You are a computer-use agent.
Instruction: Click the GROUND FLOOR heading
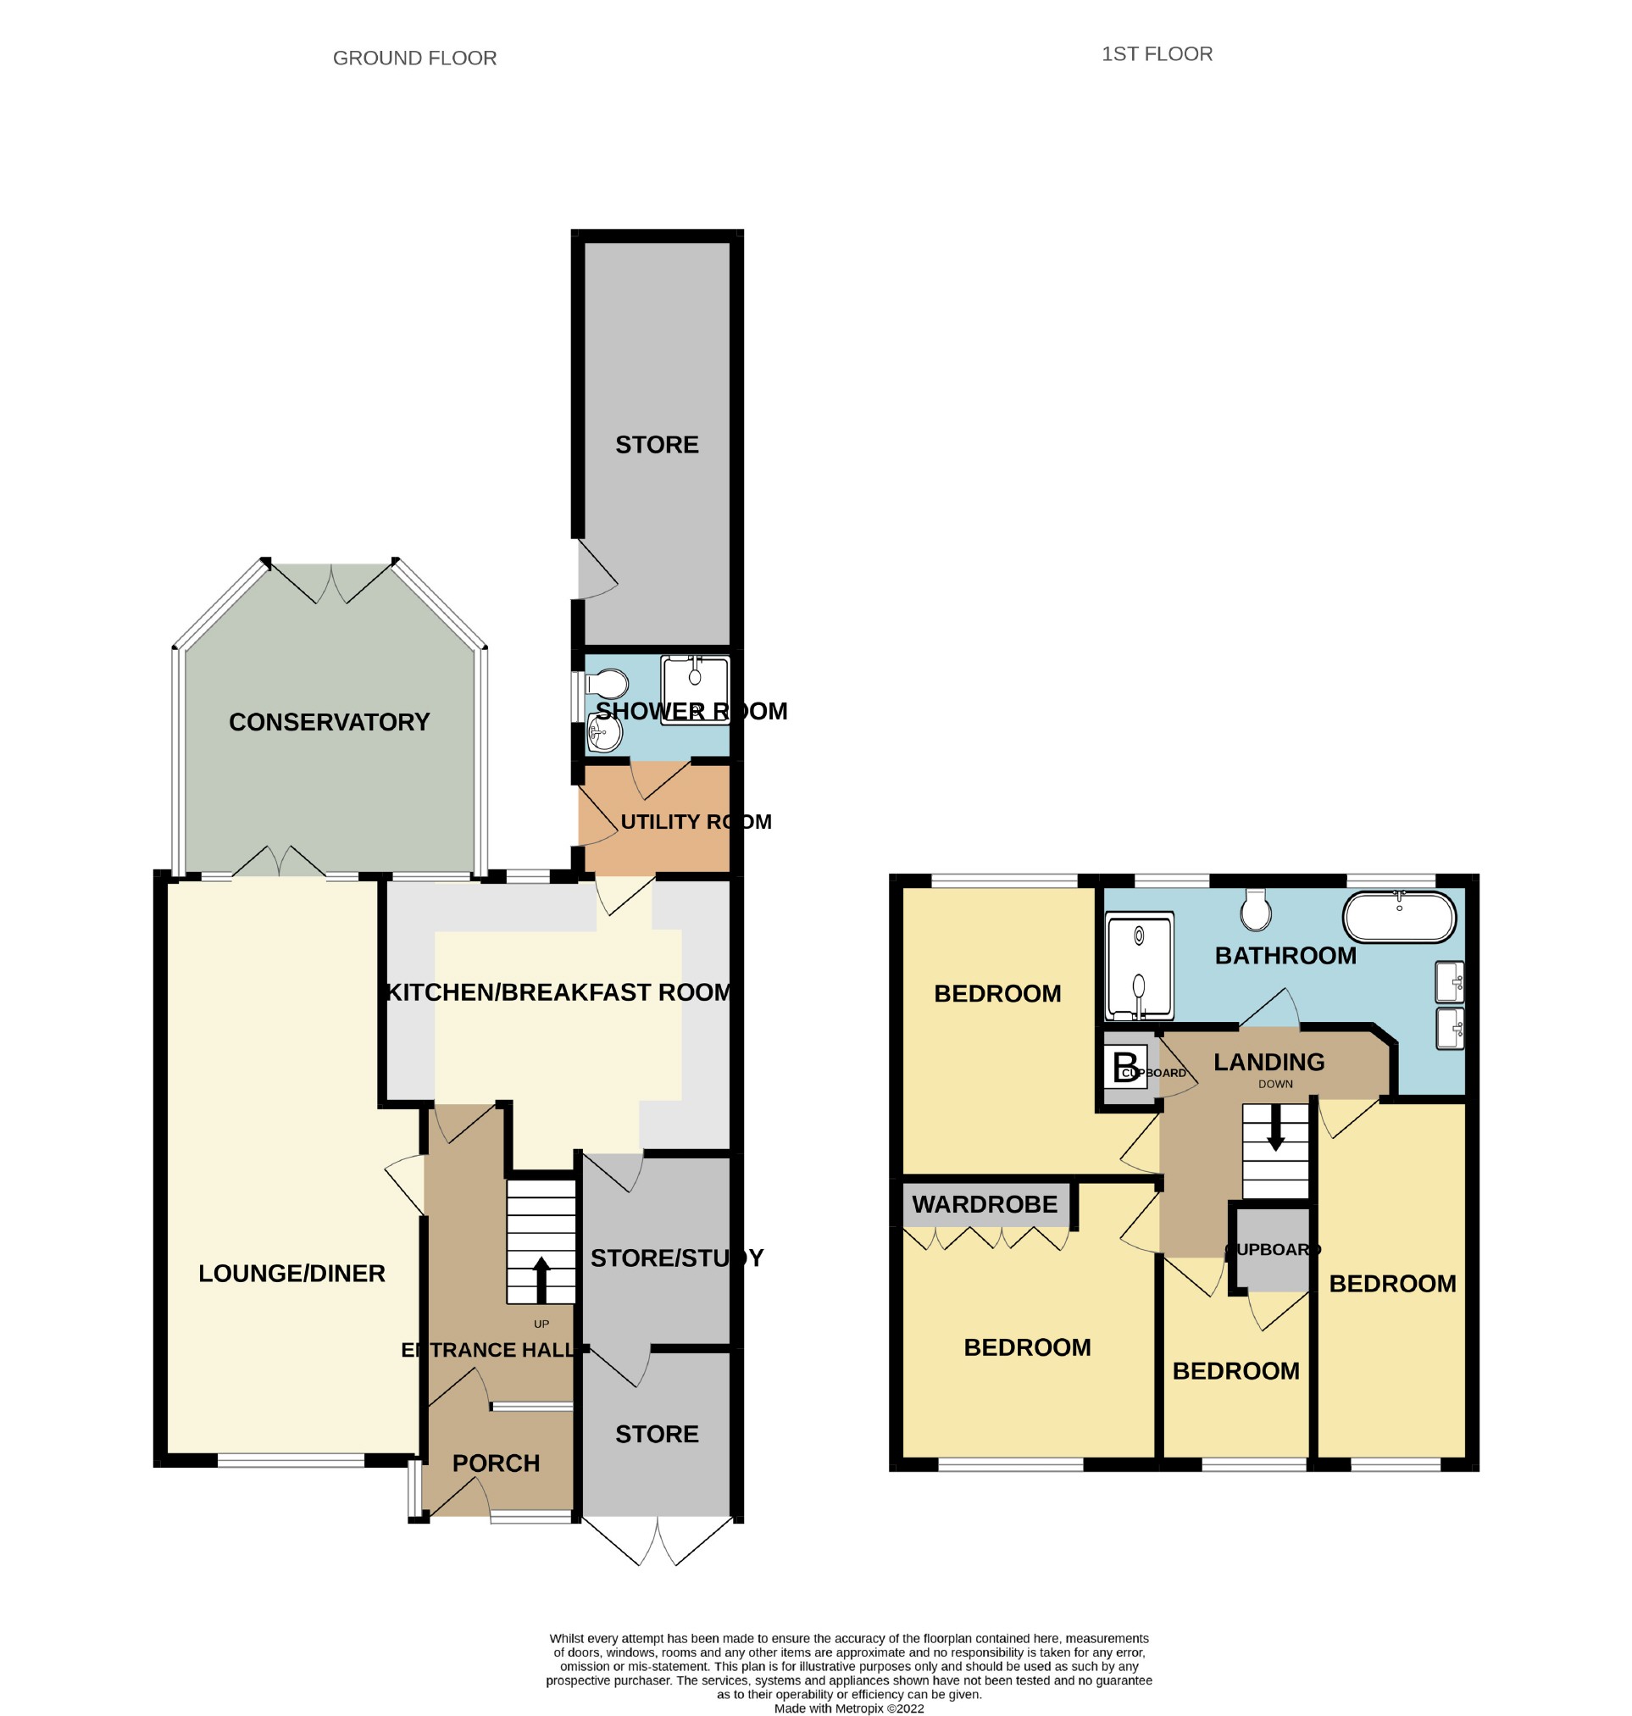[x=414, y=58]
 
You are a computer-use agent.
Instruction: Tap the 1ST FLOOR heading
[x=1156, y=54]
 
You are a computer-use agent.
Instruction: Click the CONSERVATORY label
[x=329, y=721]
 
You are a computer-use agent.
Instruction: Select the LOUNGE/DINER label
[x=291, y=1273]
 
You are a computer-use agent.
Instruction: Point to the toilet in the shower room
[x=607, y=684]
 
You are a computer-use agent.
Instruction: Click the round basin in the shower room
[x=605, y=733]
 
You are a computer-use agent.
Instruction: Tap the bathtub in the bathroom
[x=1399, y=916]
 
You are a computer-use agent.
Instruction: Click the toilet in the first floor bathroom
[x=1255, y=909]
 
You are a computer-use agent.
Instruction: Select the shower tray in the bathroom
[x=1139, y=966]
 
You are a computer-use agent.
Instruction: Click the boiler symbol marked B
[x=1124, y=1067]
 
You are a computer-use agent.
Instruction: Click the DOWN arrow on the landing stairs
[x=1275, y=1128]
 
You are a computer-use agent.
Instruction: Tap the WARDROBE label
[x=985, y=1204]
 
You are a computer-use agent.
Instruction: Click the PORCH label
[x=496, y=1463]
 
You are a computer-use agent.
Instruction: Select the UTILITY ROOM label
[x=696, y=821]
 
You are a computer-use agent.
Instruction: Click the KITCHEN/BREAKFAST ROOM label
[x=558, y=992]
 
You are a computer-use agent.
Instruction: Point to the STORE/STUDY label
[x=677, y=1258]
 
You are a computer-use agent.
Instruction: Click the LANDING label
[x=1269, y=1062]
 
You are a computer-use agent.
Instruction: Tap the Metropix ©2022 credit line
[x=849, y=1708]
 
